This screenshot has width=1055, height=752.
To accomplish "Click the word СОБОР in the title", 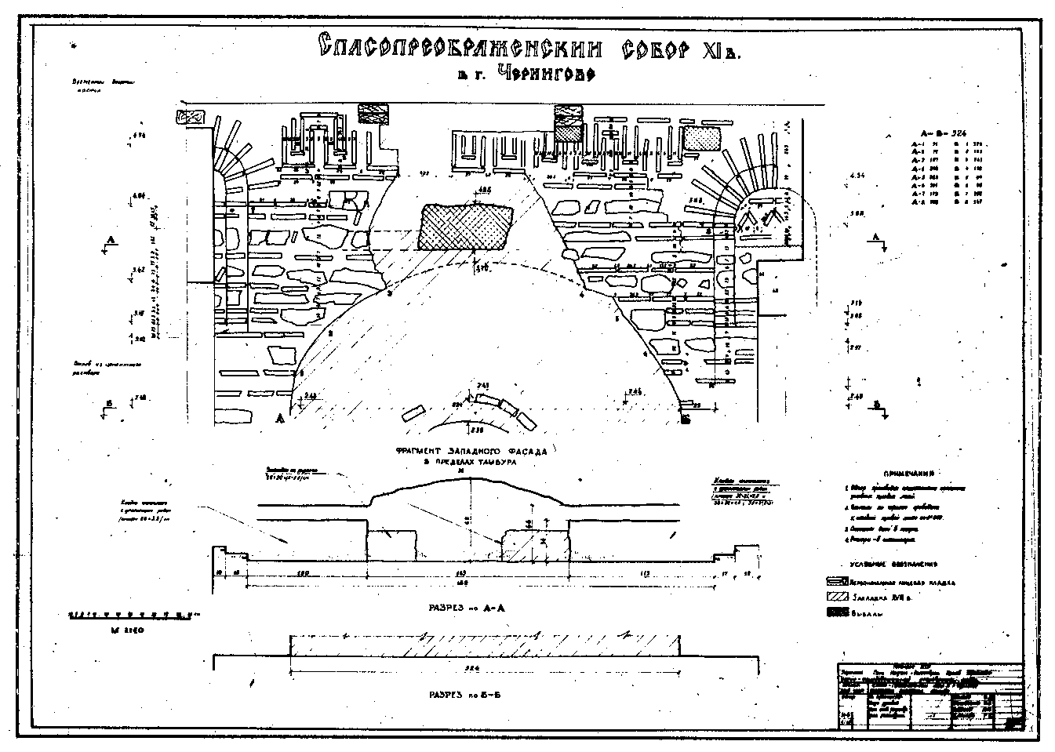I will click(653, 49).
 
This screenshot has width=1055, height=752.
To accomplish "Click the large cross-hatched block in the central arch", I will click(466, 227).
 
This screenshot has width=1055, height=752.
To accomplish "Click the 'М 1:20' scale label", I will click(126, 630).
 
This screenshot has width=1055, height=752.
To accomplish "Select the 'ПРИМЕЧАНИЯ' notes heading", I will click(908, 475).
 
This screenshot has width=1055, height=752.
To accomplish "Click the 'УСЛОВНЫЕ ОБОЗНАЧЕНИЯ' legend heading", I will click(901, 564).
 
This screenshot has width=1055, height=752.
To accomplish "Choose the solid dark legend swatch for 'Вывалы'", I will click(840, 613).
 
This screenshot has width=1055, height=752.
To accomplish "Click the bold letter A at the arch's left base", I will click(278, 419).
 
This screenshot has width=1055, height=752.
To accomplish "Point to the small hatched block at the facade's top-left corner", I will click(191, 118).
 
